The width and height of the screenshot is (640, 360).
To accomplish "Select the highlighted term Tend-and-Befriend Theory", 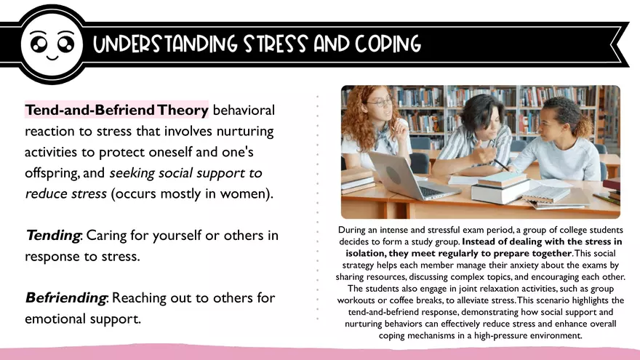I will pos(117,111).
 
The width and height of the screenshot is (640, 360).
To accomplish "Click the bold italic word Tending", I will pos(52,236).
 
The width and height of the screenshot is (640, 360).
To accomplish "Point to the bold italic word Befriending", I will pos(66,298).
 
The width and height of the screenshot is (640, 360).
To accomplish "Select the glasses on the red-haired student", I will pos(378,103).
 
